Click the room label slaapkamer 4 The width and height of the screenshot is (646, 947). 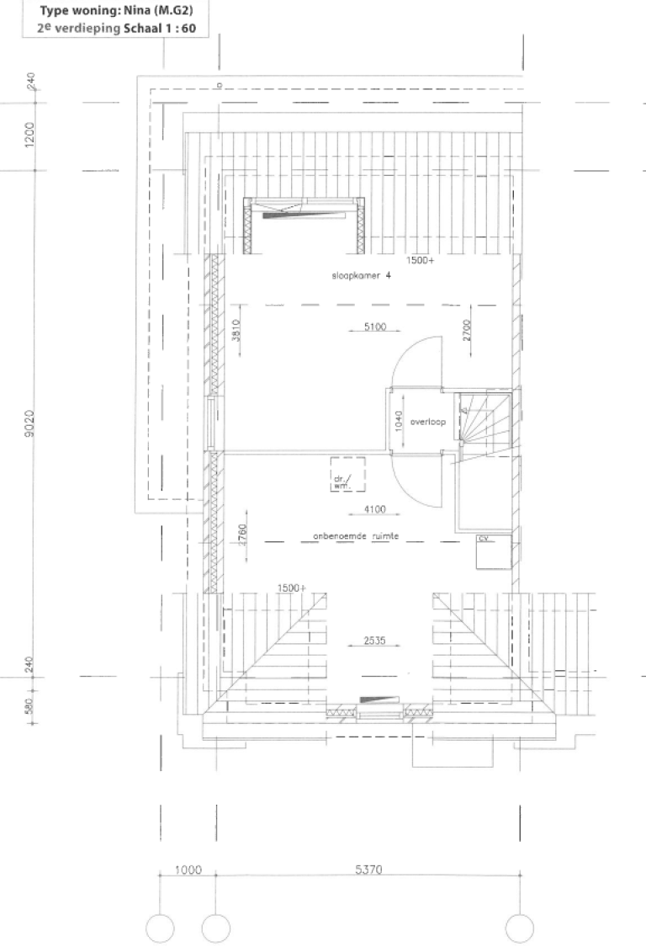[x=361, y=275]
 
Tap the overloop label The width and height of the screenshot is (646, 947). [x=427, y=423]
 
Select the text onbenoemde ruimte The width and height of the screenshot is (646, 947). [x=355, y=535]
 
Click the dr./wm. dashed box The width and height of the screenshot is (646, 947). [x=347, y=476]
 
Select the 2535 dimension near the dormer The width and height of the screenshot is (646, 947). [x=374, y=641]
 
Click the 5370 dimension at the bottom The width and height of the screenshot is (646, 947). [x=367, y=870]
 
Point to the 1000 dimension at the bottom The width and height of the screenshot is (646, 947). [x=188, y=870]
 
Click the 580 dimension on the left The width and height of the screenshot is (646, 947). [x=29, y=705]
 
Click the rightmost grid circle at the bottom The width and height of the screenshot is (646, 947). [x=519, y=928]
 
